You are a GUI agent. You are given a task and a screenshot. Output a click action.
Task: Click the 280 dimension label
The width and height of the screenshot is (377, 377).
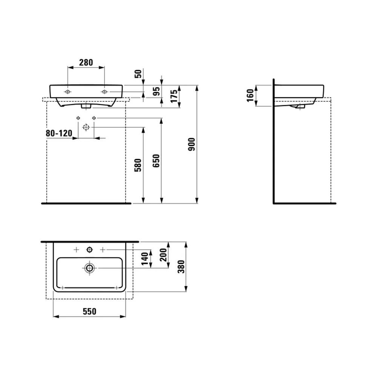86,63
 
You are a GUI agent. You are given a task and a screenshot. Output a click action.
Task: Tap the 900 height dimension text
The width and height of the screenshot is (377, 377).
192,144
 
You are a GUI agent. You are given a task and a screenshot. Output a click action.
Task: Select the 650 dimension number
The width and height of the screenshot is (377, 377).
156,161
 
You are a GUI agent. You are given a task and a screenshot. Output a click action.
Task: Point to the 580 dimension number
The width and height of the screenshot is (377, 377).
138,165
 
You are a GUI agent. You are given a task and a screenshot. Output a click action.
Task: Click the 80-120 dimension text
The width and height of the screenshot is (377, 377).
59,133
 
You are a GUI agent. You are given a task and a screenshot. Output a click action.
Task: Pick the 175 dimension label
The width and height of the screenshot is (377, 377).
174,96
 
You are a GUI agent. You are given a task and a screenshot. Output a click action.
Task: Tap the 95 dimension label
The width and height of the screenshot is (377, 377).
156,91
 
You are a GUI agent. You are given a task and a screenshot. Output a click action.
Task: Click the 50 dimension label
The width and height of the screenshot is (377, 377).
138,74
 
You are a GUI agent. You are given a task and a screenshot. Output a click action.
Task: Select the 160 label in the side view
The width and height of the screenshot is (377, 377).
250,95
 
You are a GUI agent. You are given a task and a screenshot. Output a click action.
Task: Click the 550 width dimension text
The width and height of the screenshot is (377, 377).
89,312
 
